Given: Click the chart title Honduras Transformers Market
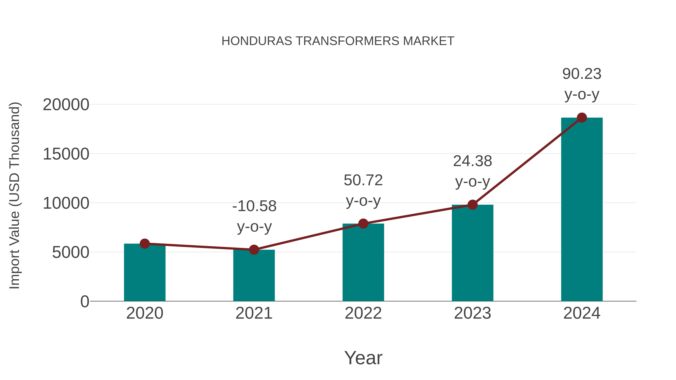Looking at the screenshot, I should point(338,41).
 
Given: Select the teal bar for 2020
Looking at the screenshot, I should point(145,273).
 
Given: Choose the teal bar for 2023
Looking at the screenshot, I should point(472,253).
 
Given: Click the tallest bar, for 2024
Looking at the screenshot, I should point(582,210).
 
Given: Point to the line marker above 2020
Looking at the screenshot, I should point(145,244).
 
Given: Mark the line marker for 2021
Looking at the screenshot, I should point(254,250).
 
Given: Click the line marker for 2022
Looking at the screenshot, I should point(363,223).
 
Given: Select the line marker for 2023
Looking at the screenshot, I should point(472,205).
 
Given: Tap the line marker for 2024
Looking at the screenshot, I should point(582,118).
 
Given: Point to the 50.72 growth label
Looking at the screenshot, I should point(363,180).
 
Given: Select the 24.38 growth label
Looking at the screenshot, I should point(472,161).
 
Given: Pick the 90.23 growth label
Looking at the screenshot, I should point(582,74).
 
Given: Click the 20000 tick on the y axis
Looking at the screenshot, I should point(66,105).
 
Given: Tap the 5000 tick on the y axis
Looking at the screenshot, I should point(71,253).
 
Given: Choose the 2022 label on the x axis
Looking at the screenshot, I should point(363,313).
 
